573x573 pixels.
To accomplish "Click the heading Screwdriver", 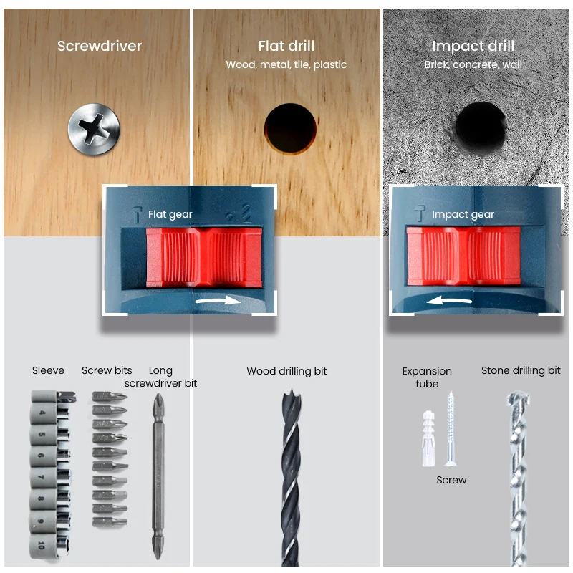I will pyautogui.click(x=100, y=47).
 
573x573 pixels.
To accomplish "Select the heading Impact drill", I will pyautogui.click(x=473, y=47).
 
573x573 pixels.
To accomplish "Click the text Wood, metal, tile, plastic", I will pyautogui.click(x=286, y=65).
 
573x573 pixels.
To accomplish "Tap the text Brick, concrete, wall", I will pyautogui.click(x=473, y=65).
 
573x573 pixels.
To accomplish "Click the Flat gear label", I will pyautogui.click(x=170, y=214).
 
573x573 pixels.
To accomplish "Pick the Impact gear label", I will pyautogui.click(x=463, y=214).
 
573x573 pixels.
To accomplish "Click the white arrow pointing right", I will pyautogui.click(x=219, y=302).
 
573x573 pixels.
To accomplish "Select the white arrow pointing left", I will pyautogui.click(x=447, y=302).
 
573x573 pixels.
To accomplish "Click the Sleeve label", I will pyautogui.click(x=48, y=371).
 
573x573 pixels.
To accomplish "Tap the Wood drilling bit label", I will pyautogui.click(x=286, y=372).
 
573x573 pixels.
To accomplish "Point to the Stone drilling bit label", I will pyautogui.click(x=521, y=371).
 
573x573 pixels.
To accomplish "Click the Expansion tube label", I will pyautogui.click(x=427, y=377).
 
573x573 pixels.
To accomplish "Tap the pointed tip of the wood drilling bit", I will pyautogui.click(x=287, y=393).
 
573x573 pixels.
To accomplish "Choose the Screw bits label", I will pyautogui.click(x=107, y=371).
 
